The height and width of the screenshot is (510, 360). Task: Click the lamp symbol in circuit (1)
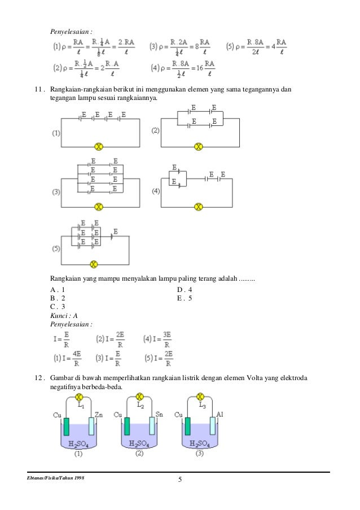point(99,147)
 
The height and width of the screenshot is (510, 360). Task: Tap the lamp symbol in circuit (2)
point(198,147)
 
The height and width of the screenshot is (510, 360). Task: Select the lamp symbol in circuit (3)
point(99,207)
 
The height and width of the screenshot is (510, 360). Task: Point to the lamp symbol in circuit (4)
point(198,207)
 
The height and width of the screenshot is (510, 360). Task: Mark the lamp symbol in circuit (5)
point(94,264)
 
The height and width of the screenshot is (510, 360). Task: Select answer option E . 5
point(185,298)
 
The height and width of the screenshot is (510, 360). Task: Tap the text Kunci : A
point(64,316)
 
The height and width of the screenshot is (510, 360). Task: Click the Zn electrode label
point(99,415)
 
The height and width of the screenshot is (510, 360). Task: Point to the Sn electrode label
point(159,415)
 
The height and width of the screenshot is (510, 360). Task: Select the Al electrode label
point(220,415)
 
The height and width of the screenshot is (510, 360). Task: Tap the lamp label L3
point(202,406)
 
